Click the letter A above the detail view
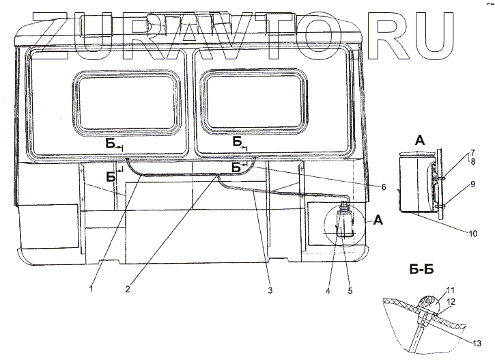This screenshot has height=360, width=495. [x=419, y=140]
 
